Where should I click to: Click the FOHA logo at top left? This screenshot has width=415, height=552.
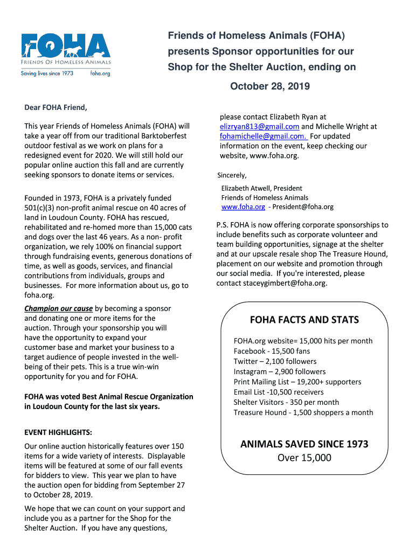(x=66, y=50)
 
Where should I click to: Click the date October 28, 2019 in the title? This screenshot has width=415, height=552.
(x=270, y=86)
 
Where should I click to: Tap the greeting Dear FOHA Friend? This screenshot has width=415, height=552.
(x=56, y=107)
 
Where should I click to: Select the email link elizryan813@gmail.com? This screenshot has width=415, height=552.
(x=259, y=126)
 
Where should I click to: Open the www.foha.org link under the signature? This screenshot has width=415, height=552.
(x=243, y=206)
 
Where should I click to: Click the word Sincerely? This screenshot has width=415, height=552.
(x=232, y=175)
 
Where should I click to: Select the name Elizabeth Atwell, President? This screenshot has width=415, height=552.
(x=261, y=188)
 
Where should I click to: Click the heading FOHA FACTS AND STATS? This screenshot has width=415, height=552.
(x=304, y=320)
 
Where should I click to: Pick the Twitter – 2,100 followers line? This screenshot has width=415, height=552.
(x=275, y=361)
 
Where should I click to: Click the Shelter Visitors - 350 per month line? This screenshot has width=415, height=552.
(x=286, y=402)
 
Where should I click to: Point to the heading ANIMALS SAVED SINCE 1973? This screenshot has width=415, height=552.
(x=304, y=444)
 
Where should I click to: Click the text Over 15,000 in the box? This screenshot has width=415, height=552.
(x=304, y=458)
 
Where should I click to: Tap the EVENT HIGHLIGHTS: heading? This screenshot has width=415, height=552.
(x=58, y=432)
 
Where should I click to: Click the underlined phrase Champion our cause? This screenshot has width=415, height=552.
(x=58, y=308)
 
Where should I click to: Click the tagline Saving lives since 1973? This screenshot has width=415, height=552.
(x=47, y=73)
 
